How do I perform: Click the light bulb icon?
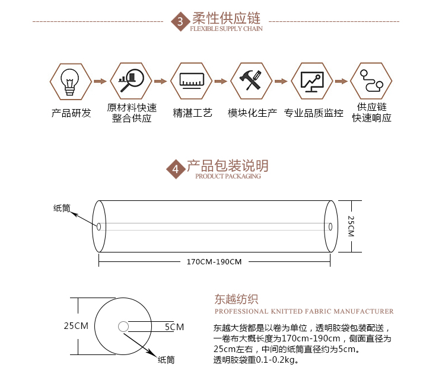(70, 82)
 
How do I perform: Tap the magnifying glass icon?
(131, 81)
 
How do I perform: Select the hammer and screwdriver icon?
(250, 80)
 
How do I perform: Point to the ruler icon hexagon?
(192, 81)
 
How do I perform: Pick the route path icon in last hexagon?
(371, 81)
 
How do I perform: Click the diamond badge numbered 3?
(180, 21)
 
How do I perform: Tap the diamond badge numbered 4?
(176, 169)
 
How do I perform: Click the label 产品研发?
(71, 113)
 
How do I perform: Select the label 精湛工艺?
(192, 113)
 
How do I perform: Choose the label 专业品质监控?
(314, 113)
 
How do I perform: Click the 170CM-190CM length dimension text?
(214, 261)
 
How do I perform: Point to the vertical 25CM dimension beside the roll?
(351, 226)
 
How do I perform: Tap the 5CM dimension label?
(174, 327)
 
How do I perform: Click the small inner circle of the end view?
(123, 327)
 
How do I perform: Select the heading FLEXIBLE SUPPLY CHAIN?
(226, 28)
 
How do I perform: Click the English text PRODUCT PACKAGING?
(228, 176)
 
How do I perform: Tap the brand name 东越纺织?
(236, 299)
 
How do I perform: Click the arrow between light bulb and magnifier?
(100, 81)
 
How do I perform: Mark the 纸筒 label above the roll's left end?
(62, 208)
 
